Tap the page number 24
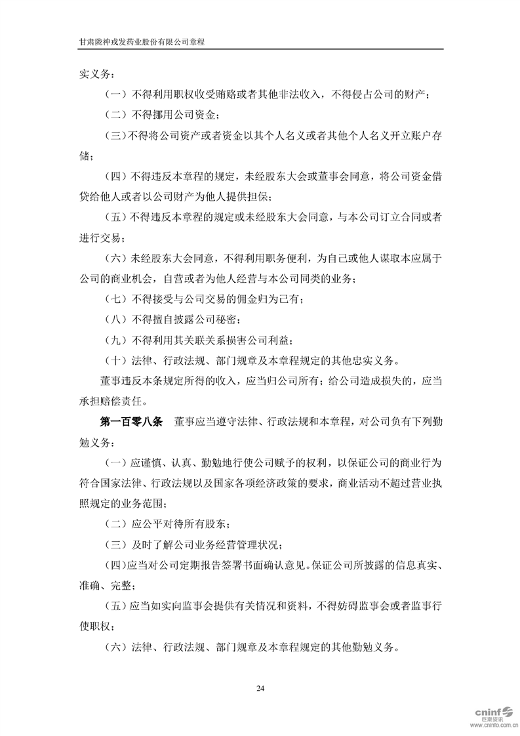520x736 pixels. click(260, 688)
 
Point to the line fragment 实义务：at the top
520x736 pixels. click(96, 74)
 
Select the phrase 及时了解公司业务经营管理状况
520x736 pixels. click(206, 544)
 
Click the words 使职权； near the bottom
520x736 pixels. click(96, 625)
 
